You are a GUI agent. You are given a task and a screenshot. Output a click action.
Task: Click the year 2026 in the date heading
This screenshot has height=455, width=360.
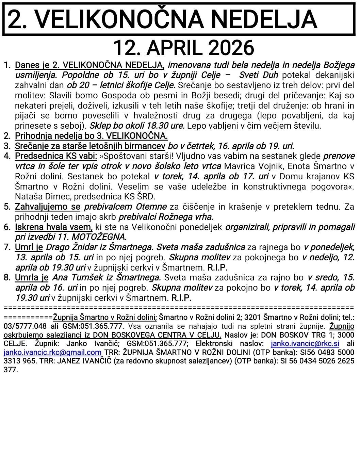[231, 48]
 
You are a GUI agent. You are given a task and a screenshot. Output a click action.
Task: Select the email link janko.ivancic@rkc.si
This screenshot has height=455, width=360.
[305, 344]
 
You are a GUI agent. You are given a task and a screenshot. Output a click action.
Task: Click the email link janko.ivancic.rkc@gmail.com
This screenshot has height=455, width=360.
[52, 353]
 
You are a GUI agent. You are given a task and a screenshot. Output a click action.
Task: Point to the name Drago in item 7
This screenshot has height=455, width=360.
[56, 247]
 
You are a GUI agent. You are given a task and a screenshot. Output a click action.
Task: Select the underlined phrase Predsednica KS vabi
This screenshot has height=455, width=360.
[56, 156]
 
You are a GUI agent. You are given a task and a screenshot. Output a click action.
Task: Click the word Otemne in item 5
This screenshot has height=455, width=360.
[151, 207]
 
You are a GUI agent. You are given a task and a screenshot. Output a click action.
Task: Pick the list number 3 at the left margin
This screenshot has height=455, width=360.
[7, 146]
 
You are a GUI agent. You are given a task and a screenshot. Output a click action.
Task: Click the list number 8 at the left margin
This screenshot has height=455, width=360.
[7, 278]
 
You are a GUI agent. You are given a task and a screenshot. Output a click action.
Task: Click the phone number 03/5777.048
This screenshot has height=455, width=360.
[25, 326]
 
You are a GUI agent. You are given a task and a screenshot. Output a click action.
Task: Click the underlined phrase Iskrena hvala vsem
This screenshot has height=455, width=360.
[54, 227]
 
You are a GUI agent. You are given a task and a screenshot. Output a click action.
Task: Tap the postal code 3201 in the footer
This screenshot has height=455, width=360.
[252, 317]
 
